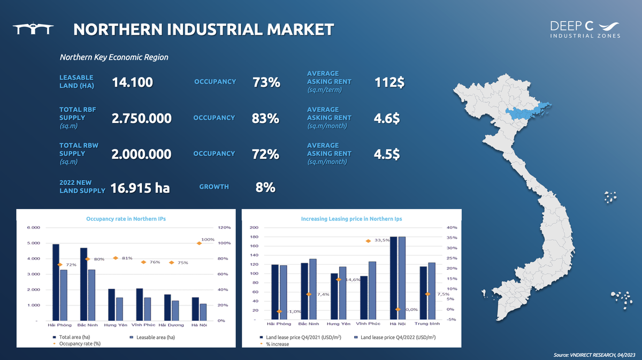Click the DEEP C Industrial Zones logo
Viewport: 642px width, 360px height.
click(585, 29)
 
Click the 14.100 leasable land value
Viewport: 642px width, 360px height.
click(133, 82)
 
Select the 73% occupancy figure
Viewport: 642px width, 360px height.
click(266, 82)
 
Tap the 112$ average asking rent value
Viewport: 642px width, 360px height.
click(389, 82)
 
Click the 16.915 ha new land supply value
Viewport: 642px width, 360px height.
click(140, 188)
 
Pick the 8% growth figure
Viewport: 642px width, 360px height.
click(265, 187)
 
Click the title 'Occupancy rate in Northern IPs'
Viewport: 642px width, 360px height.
click(123, 219)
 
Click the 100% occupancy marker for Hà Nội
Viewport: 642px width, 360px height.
click(200, 243)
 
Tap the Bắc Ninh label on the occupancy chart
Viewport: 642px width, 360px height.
click(87, 325)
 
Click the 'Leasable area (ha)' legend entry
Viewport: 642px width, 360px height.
click(155, 337)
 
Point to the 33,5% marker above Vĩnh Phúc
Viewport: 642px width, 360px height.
click(368, 241)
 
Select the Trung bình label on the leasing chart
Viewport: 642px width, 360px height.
click(427, 324)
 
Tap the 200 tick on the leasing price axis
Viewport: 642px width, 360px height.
click(255, 228)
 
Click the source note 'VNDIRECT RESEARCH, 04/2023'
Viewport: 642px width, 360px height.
click(595, 355)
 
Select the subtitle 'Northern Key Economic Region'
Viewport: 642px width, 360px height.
click(114, 57)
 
